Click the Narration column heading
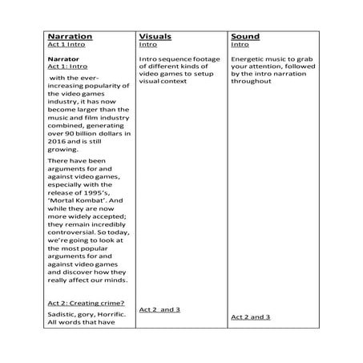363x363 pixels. click(70, 37)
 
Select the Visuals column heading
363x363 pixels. click(155, 37)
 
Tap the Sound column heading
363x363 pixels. click(244, 37)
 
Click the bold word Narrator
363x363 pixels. click(63, 59)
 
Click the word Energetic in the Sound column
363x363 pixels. click(247, 59)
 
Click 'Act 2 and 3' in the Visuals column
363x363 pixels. click(159, 309)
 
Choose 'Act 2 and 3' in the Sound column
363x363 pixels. click(251, 317)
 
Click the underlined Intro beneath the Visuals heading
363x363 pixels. click(147, 46)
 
